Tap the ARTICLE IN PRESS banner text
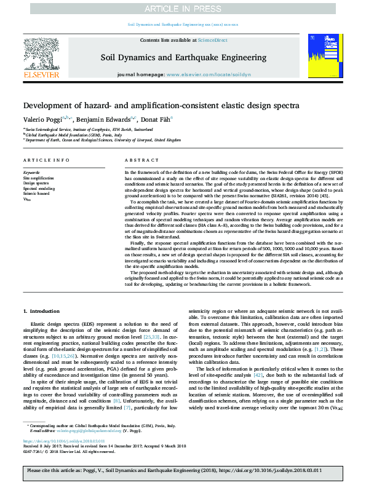(183, 8)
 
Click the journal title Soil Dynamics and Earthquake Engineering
(183, 58)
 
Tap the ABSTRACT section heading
(137, 160)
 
